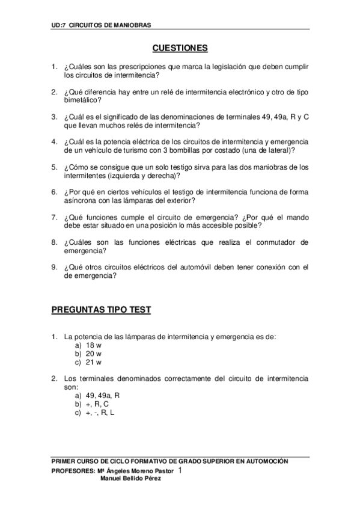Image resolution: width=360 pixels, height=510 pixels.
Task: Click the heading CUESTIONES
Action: coord(180,48)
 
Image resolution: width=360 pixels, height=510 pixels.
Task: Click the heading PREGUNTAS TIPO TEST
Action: coord(101,310)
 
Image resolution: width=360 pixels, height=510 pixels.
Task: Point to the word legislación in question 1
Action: coord(210,67)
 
